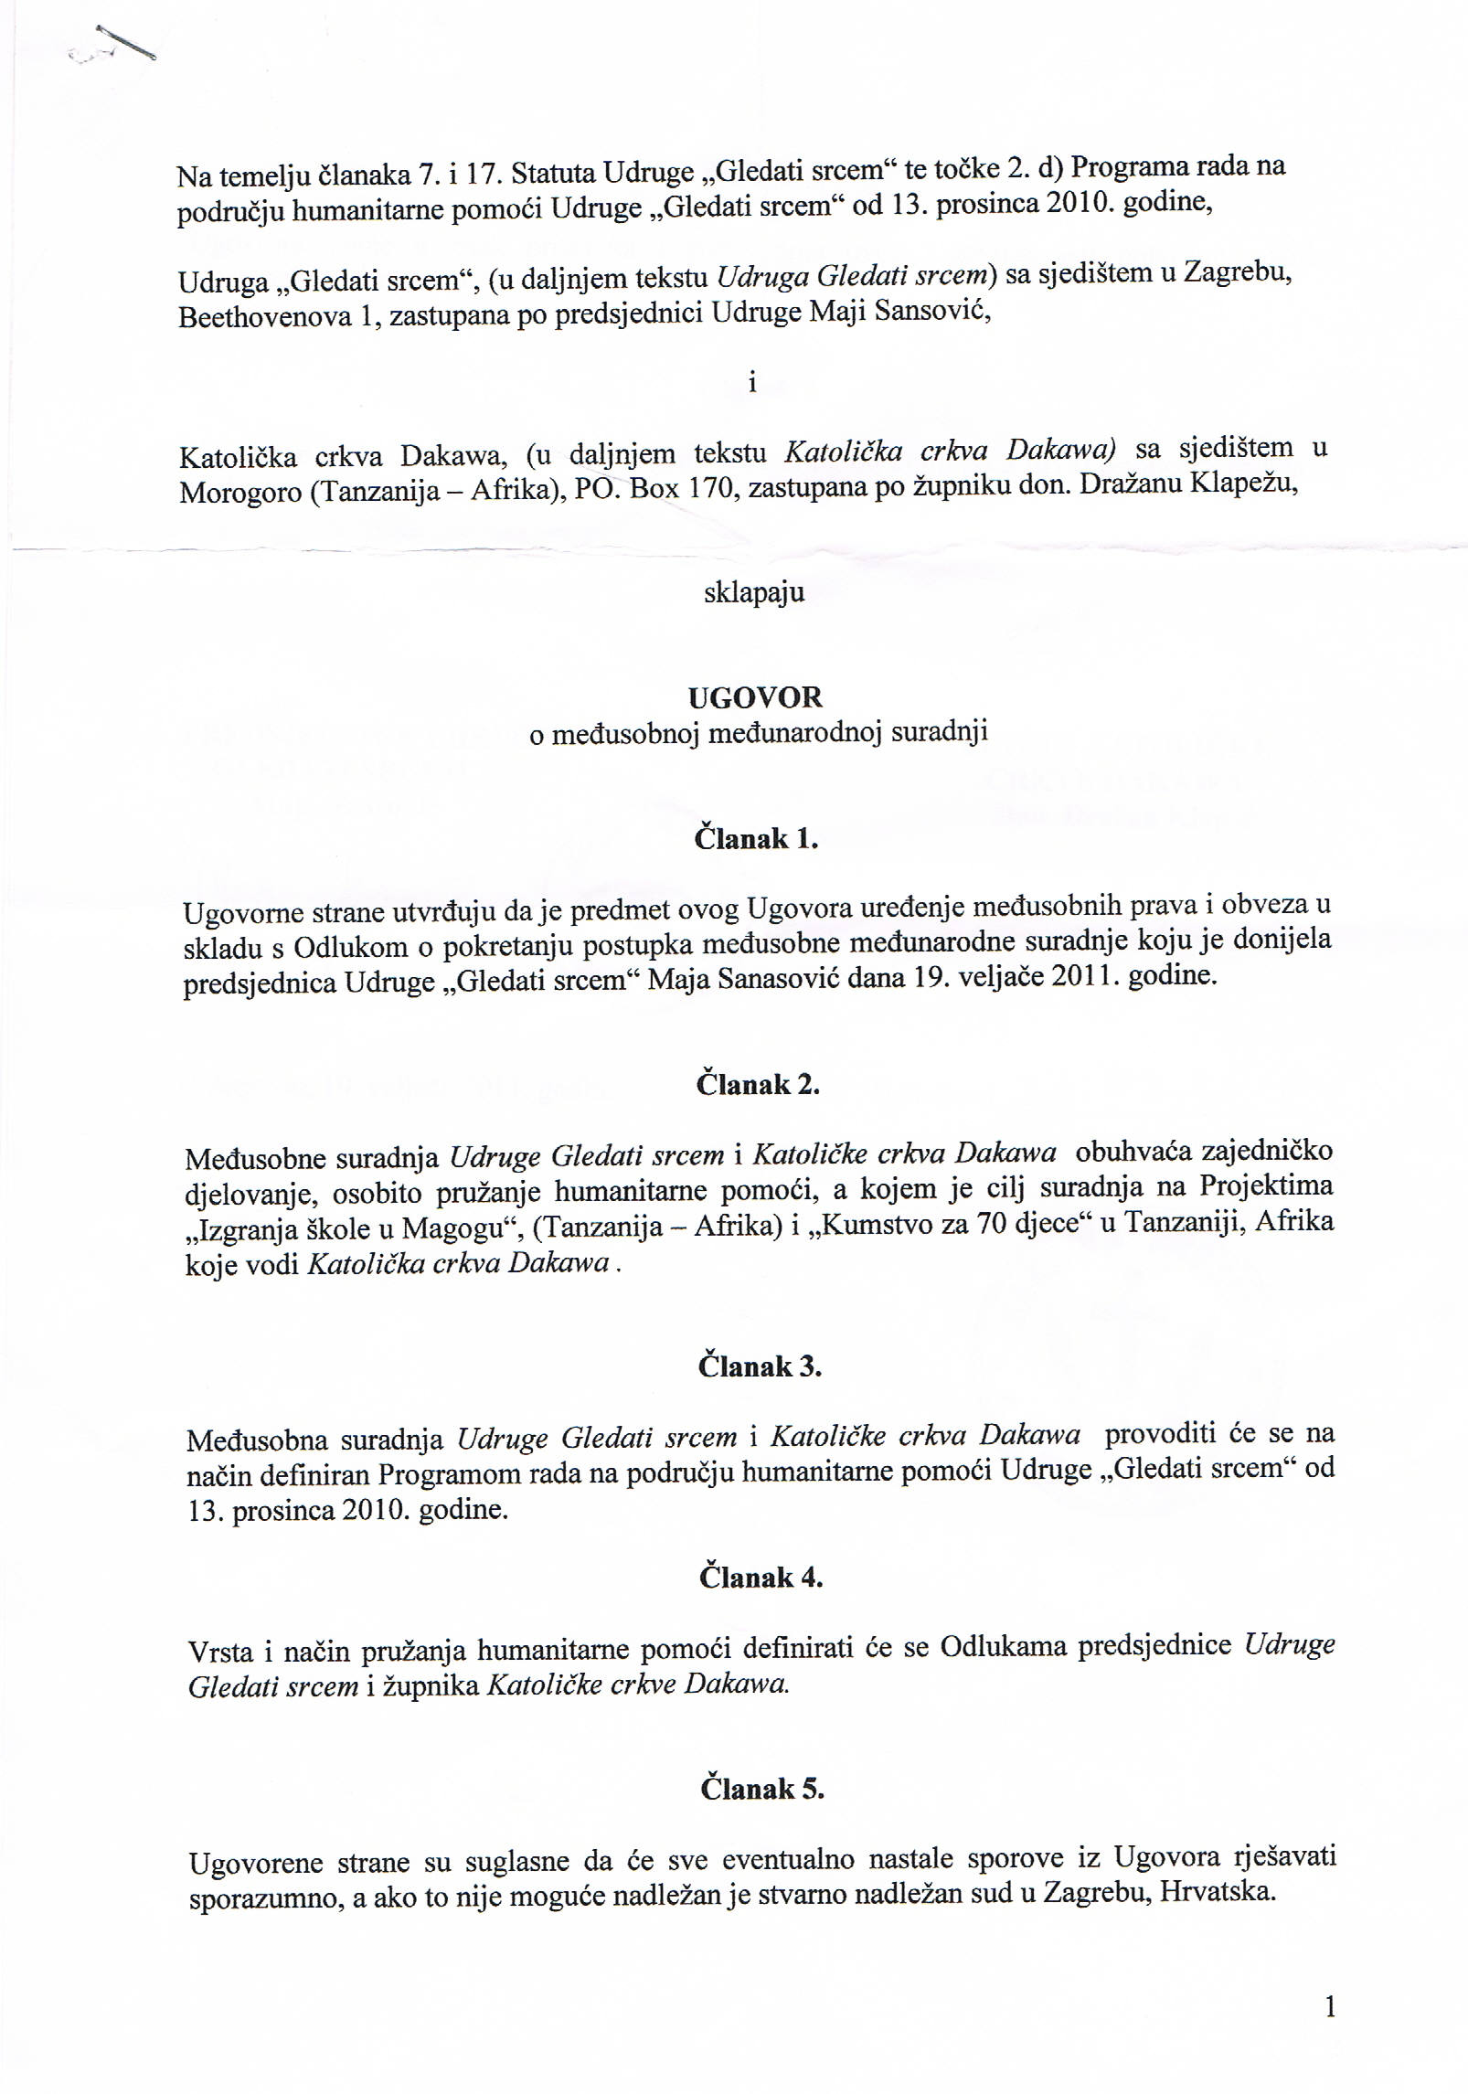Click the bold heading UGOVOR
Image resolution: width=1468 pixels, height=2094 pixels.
[755, 698]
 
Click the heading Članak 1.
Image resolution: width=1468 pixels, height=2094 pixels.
[755, 839]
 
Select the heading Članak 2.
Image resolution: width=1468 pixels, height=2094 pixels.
[758, 1085]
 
